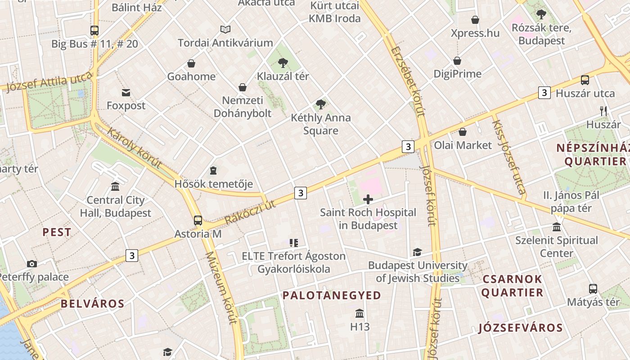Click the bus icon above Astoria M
[x=198, y=220]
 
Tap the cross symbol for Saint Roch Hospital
[x=368, y=199]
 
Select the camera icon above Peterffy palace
[x=31, y=264]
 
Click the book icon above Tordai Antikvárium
[x=225, y=30]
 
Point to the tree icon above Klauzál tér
[x=283, y=63]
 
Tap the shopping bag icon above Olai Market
[x=462, y=132]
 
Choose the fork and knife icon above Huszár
[x=603, y=111]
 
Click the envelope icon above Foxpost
[x=126, y=93]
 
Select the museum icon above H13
[x=360, y=313]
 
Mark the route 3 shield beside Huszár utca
[x=544, y=93]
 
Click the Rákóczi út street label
[x=250, y=212]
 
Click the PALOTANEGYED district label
[x=332, y=296]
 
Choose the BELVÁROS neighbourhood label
[x=92, y=304]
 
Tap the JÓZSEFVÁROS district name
[x=520, y=328]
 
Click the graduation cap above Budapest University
[x=417, y=252]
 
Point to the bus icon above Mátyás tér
[x=593, y=289]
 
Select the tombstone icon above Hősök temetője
[x=213, y=171]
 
